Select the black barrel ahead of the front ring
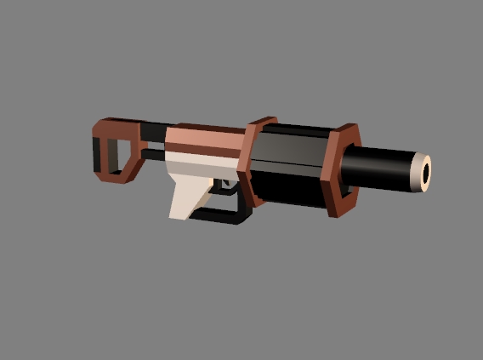[x=383, y=168]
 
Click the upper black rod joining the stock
[x=153, y=130]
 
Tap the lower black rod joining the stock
[x=151, y=156]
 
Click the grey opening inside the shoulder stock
[x=112, y=152]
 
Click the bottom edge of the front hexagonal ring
[x=338, y=207]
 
